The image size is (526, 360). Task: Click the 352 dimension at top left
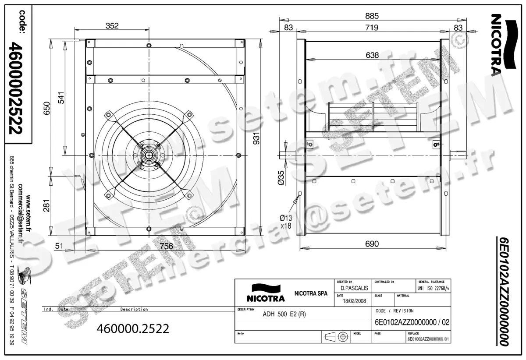112,26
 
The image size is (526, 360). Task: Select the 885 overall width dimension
371,16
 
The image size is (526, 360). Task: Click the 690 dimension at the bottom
372,244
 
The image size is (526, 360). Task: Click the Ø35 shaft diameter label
281,177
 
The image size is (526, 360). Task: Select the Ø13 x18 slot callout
286,221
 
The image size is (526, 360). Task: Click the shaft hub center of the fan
149,155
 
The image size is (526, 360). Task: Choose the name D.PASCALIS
354,288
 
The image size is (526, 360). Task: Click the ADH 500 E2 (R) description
284,314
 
